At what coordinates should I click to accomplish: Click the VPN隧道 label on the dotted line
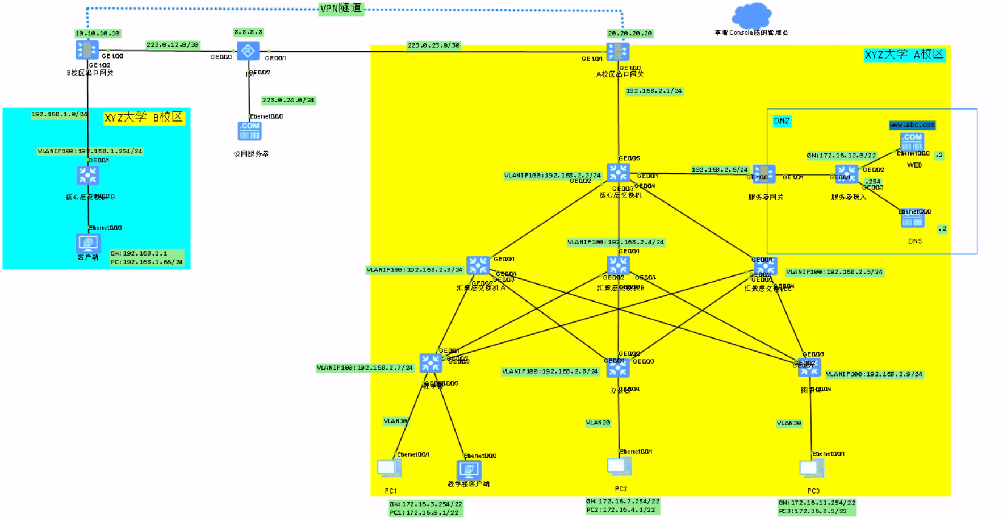point(341,9)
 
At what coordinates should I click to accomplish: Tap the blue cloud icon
point(752,15)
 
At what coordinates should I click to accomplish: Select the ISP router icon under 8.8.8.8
point(248,51)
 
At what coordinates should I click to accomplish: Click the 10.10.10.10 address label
point(98,34)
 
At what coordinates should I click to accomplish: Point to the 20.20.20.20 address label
point(630,34)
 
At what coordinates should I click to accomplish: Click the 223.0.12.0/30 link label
point(173,45)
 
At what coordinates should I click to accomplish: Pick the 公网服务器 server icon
point(249,131)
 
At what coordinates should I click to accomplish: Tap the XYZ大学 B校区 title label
point(144,118)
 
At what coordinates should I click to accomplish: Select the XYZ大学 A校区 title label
point(904,55)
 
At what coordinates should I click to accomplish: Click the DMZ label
point(782,121)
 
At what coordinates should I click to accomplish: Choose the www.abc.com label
point(912,125)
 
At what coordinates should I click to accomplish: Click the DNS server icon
point(912,219)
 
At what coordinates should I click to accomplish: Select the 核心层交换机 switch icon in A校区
point(619,173)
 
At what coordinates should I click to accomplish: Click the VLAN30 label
point(789,423)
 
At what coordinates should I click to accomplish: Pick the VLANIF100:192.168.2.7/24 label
point(365,368)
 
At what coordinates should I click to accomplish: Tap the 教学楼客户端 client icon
point(469,470)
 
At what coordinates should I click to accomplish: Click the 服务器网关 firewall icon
point(764,174)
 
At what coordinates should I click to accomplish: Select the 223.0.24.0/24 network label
point(288,101)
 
